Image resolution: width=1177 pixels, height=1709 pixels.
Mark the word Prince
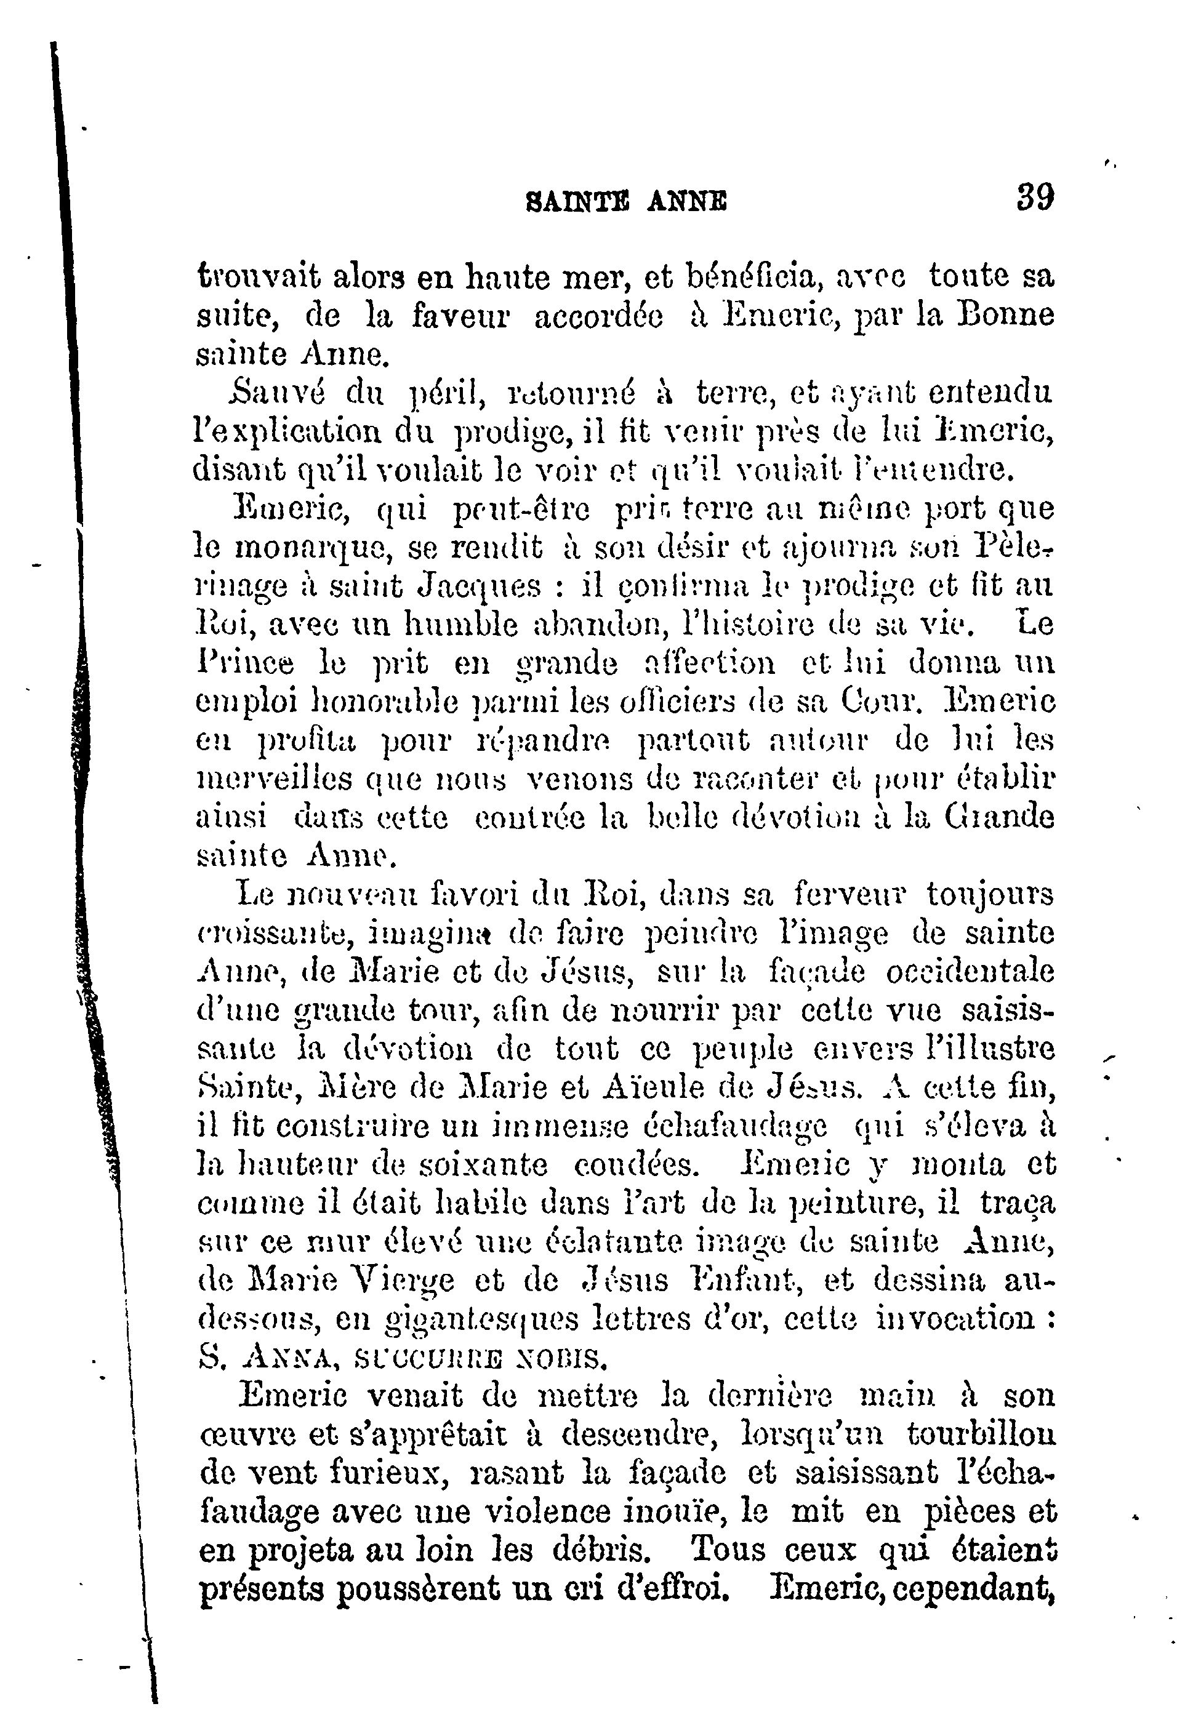click(x=245, y=664)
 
